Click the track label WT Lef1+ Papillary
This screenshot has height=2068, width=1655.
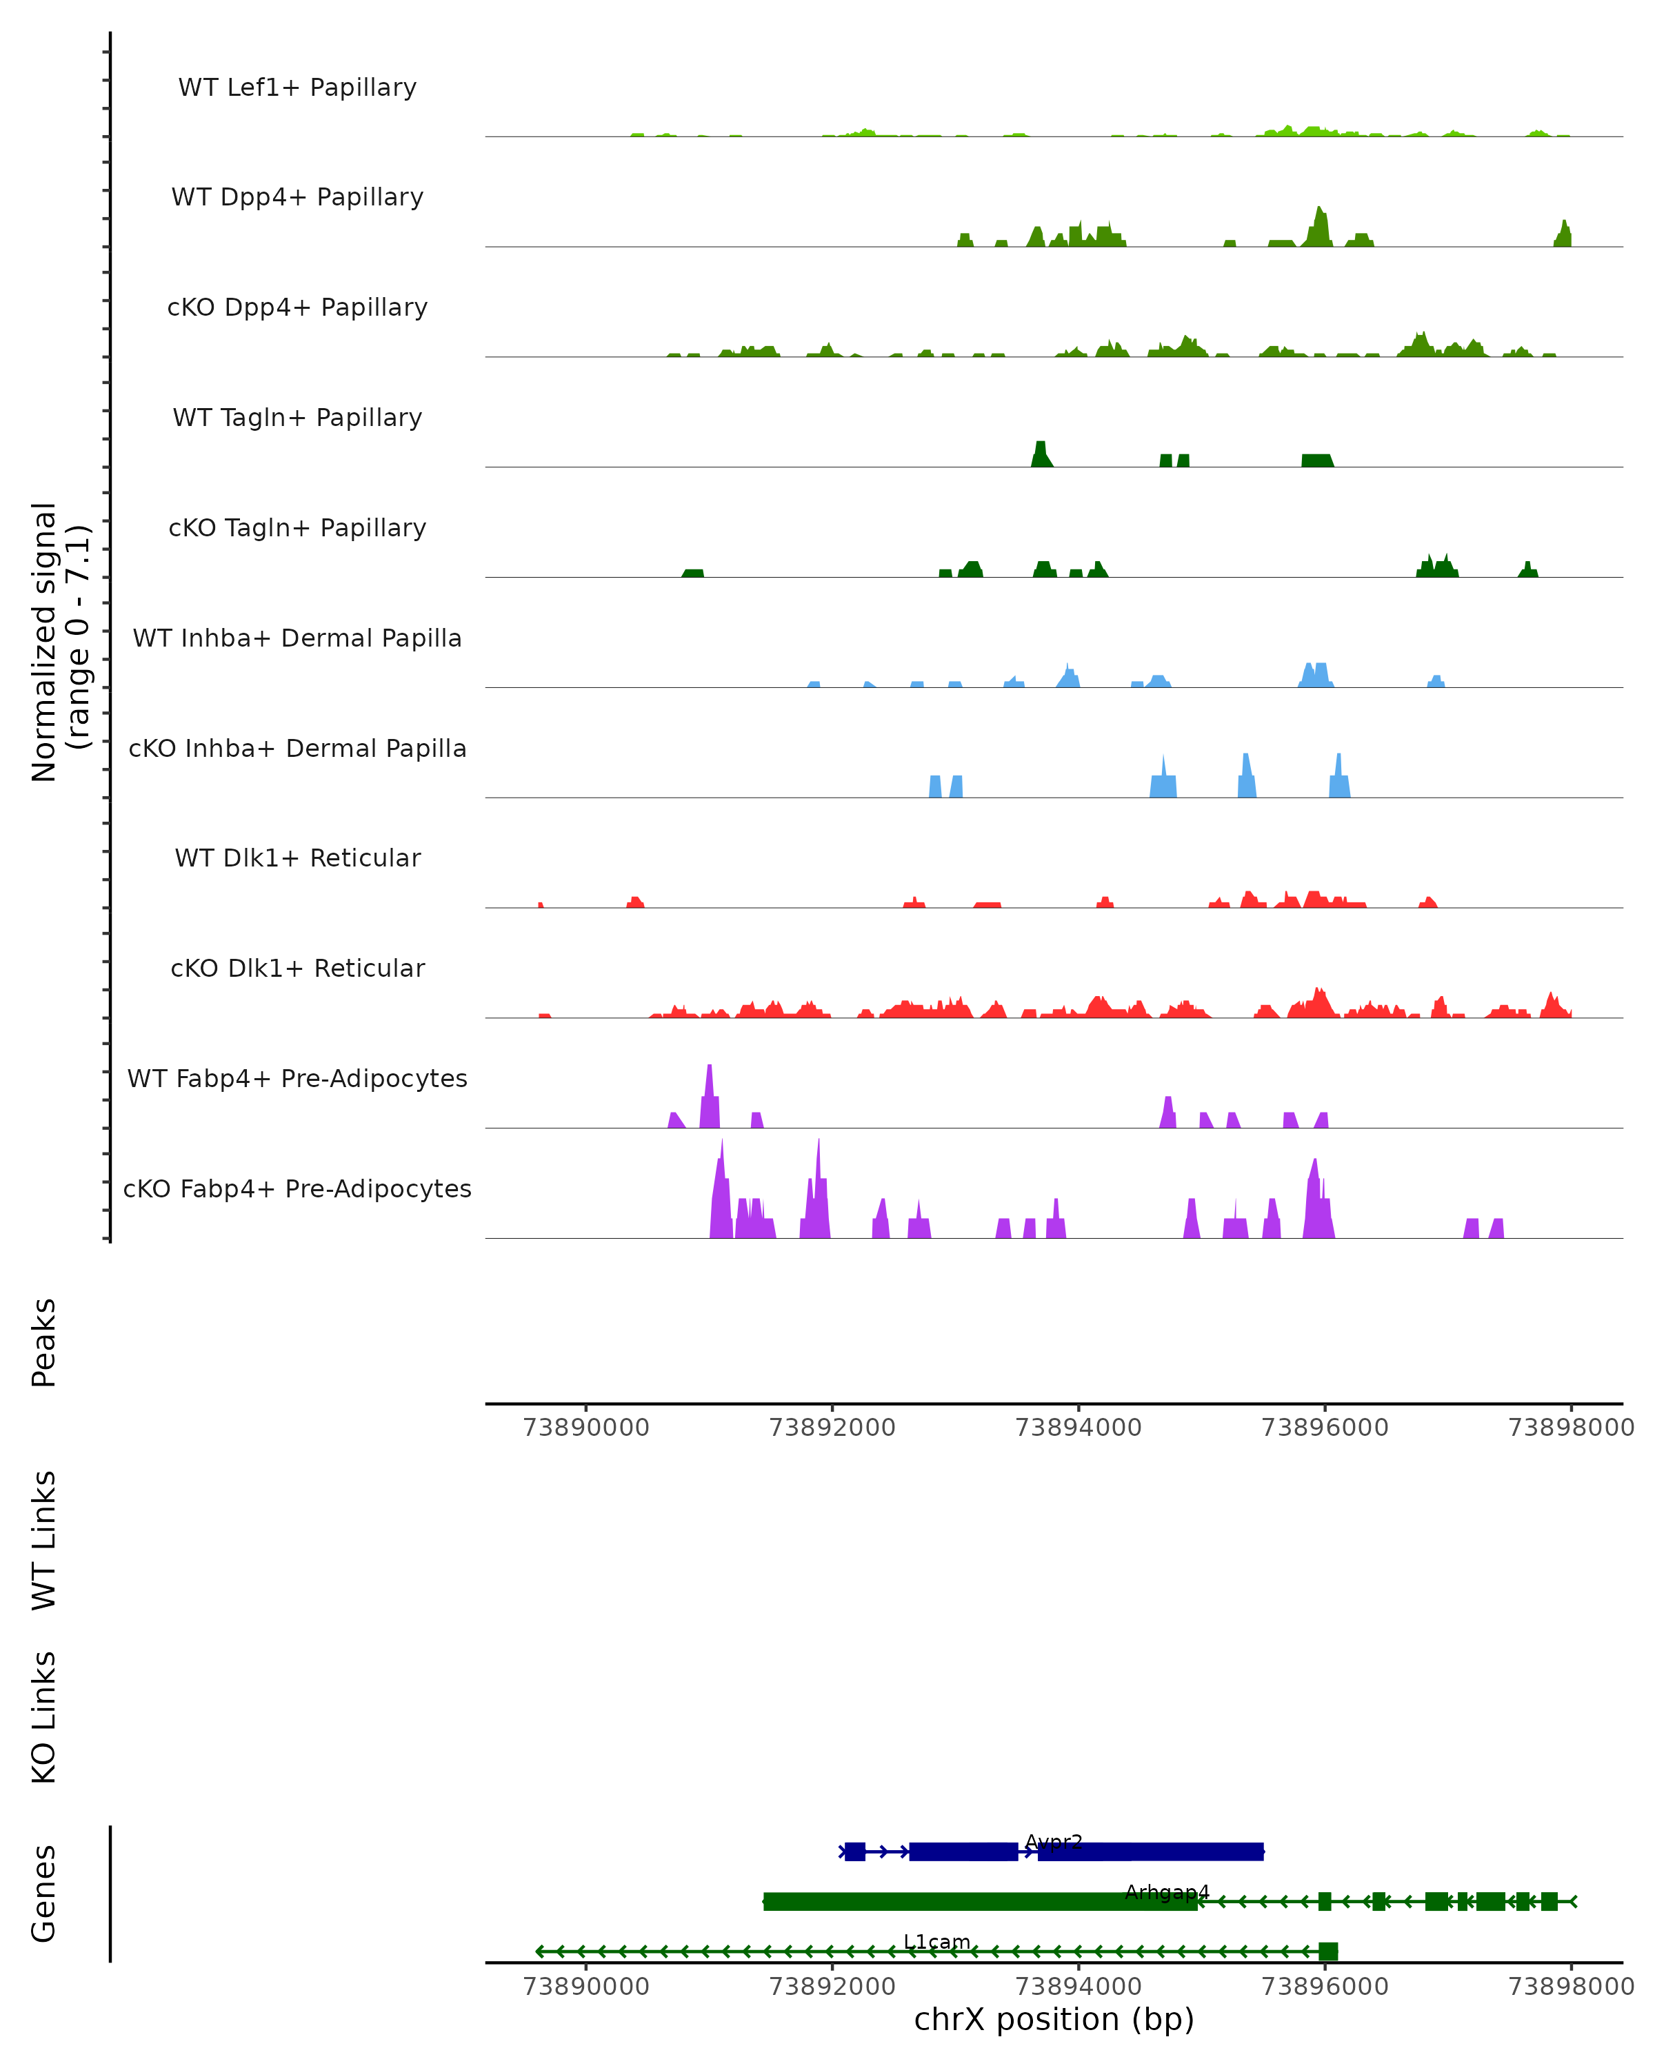point(297,88)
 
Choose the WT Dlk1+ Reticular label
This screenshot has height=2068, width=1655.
point(297,858)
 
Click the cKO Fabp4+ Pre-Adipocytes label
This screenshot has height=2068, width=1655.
point(297,1188)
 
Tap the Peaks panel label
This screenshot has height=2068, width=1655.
point(44,1342)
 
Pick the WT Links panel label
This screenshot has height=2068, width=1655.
point(44,1539)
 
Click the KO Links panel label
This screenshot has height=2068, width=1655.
point(44,1717)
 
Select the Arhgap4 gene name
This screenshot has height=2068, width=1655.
point(1167,1892)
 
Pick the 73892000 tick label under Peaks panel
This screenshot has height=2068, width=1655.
point(832,1428)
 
